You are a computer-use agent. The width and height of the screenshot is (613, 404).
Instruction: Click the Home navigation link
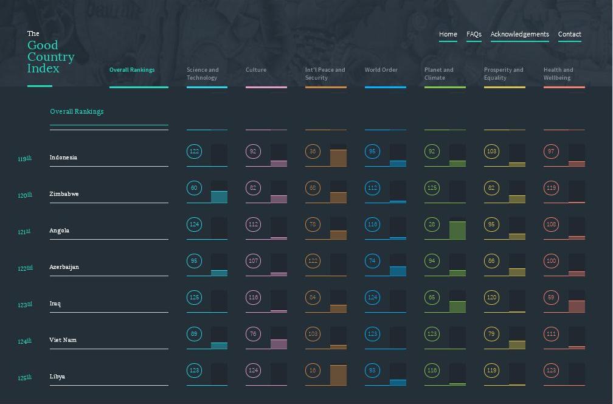[448, 34]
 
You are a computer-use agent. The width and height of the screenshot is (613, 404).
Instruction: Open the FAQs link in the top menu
[474, 34]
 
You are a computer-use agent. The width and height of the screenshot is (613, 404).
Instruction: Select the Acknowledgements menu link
[519, 34]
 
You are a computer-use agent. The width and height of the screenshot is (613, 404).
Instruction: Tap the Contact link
[569, 34]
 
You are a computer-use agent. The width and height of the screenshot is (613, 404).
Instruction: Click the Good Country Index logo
[50, 57]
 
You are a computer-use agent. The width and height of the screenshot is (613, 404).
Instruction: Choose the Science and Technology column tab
[203, 74]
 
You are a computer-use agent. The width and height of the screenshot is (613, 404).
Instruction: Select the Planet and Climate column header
[439, 74]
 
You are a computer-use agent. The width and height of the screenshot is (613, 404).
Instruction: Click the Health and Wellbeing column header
[558, 74]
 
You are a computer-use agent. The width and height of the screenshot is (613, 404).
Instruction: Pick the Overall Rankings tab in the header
[132, 70]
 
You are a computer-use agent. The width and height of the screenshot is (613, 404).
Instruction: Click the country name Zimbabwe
[64, 194]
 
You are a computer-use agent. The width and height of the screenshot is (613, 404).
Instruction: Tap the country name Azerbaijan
[64, 267]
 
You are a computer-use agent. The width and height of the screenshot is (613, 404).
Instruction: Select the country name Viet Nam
[63, 340]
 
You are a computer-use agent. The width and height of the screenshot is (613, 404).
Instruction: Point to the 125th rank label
[24, 378]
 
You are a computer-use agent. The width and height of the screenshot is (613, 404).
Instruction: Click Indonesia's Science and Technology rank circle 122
[194, 151]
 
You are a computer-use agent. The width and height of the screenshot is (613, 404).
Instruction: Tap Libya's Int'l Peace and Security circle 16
[313, 371]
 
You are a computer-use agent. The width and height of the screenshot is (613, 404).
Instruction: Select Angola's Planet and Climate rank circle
[432, 225]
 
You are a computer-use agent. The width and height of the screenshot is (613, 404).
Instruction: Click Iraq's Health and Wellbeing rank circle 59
[551, 298]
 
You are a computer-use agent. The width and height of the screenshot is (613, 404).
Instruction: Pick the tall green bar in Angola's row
[457, 231]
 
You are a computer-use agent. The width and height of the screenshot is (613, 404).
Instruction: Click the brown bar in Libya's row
[338, 375]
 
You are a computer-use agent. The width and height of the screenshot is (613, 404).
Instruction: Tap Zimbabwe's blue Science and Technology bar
[219, 197]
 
